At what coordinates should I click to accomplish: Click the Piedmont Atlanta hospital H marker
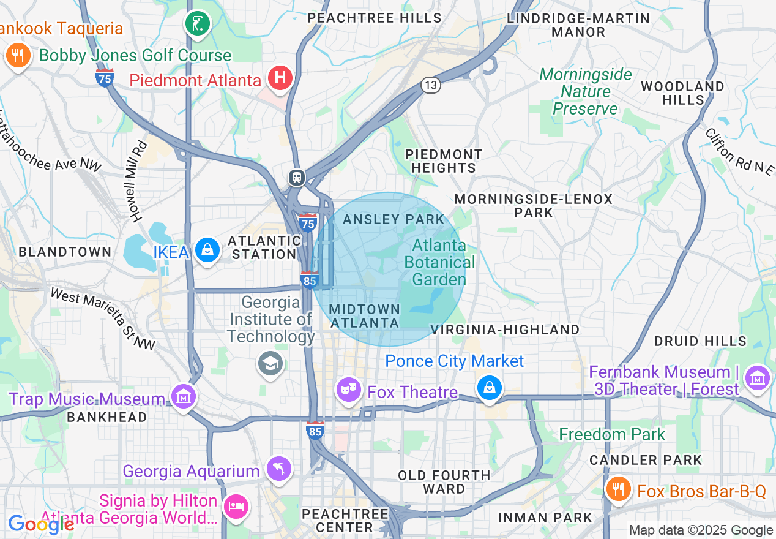tap(280, 78)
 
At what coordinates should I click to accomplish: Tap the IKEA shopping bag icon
tap(208, 251)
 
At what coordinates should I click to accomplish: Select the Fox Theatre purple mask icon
tap(349, 389)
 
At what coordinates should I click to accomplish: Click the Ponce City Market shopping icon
tap(490, 388)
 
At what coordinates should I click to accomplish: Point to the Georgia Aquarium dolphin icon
tap(279, 470)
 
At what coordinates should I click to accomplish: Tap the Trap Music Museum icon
tap(183, 397)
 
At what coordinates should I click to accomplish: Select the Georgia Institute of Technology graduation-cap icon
tap(270, 363)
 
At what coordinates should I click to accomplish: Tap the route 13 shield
tap(431, 85)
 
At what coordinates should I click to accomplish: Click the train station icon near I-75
tap(297, 178)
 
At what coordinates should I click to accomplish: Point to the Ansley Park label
tap(394, 219)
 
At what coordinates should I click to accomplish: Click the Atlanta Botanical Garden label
tap(439, 262)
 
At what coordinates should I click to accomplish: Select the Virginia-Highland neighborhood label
tap(505, 330)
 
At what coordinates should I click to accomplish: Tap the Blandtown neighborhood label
tap(65, 252)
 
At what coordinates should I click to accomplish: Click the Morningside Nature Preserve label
tap(586, 92)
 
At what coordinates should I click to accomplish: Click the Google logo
tap(40, 524)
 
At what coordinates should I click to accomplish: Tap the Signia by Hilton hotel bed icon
tap(236, 507)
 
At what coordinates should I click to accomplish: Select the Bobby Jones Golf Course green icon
tap(198, 24)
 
